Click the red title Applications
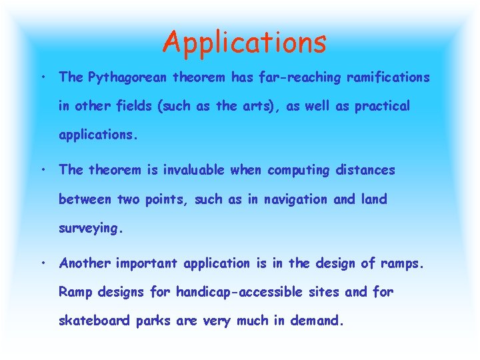[x=245, y=41]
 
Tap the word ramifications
[x=388, y=77]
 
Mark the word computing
[x=298, y=171]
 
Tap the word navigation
[x=297, y=199]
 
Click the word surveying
[x=91, y=229]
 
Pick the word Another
[x=85, y=263]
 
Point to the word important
[x=147, y=263]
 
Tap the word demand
[x=316, y=321]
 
